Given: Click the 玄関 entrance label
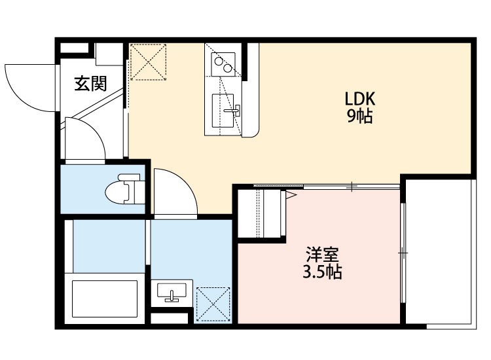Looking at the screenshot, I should click(90, 84).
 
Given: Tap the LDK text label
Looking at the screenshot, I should click(359, 99).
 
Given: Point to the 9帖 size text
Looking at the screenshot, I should click(359, 118).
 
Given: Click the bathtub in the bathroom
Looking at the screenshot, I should click(105, 300).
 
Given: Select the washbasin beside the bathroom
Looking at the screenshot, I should click(172, 293).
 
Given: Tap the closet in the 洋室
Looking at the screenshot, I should click(261, 214).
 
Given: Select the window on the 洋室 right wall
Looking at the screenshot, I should click(403, 252).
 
